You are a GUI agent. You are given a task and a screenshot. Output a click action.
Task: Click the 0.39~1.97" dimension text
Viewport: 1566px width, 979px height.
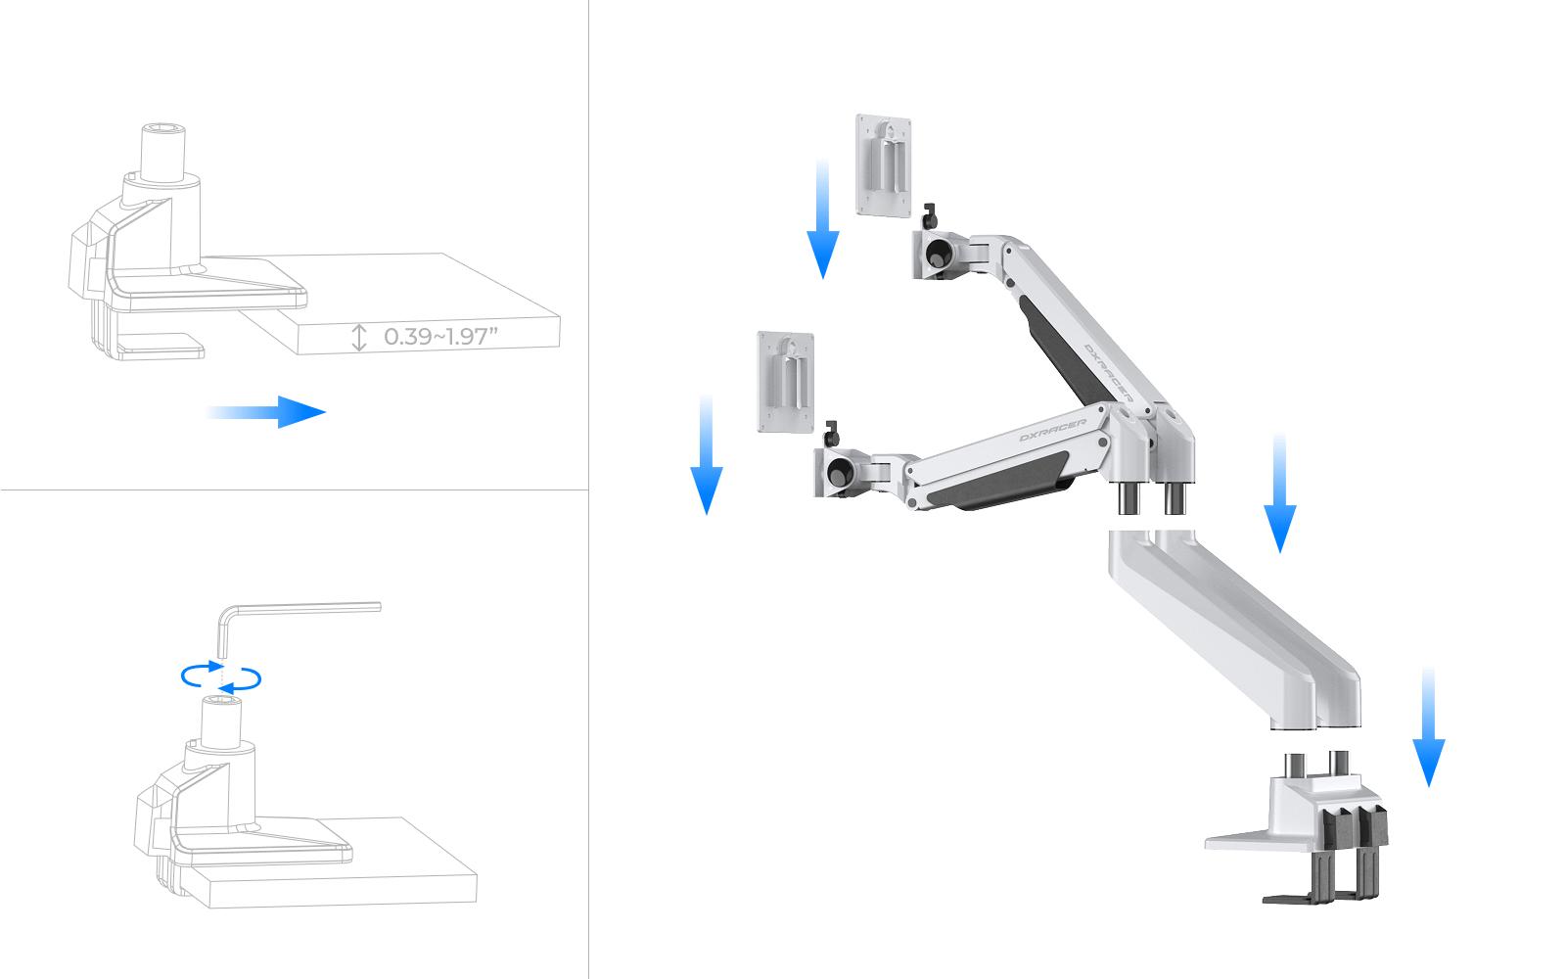point(441,337)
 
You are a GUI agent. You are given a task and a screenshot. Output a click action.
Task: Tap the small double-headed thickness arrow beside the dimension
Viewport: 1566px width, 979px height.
point(358,338)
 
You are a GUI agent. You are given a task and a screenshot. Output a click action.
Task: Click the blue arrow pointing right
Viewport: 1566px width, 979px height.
point(265,412)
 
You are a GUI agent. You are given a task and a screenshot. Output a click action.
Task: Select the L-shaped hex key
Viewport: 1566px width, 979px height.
point(294,612)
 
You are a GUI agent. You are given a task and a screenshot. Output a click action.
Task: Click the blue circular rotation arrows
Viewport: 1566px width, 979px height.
point(222,676)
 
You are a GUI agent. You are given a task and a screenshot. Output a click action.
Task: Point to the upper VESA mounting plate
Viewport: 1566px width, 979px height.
point(883,164)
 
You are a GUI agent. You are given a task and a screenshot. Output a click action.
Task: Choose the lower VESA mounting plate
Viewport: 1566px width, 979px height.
point(785,381)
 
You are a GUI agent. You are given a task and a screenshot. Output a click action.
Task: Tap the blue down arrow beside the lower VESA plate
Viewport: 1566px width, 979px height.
point(706,454)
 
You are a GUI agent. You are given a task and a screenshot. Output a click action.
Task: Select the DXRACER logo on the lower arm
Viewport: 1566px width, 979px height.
point(1052,431)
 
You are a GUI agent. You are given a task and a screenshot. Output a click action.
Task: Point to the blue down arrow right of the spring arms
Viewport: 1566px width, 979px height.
point(1279,493)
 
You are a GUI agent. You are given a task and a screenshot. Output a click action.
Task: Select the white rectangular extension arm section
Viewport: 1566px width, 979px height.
point(1233,627)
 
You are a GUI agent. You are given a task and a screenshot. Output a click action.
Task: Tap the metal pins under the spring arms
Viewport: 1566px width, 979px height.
point(1152,498)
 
